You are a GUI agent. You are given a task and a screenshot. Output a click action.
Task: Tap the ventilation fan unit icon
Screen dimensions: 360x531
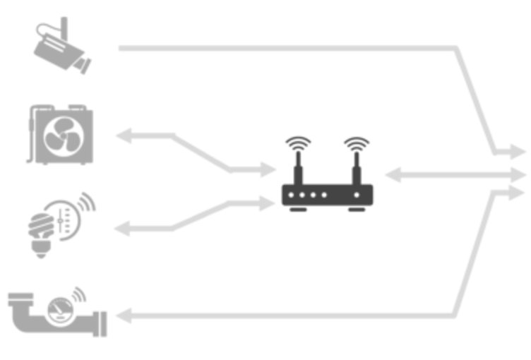click(62, 136)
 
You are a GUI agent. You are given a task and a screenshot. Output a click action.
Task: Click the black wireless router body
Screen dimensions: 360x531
click(326, 194)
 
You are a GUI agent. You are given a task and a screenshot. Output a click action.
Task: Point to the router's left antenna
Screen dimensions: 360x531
click(298, 168)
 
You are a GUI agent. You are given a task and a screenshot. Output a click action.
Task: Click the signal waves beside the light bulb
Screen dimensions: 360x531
click(85, 205)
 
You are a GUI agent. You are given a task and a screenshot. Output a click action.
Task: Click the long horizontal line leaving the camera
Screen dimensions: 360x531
click(282, 48)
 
